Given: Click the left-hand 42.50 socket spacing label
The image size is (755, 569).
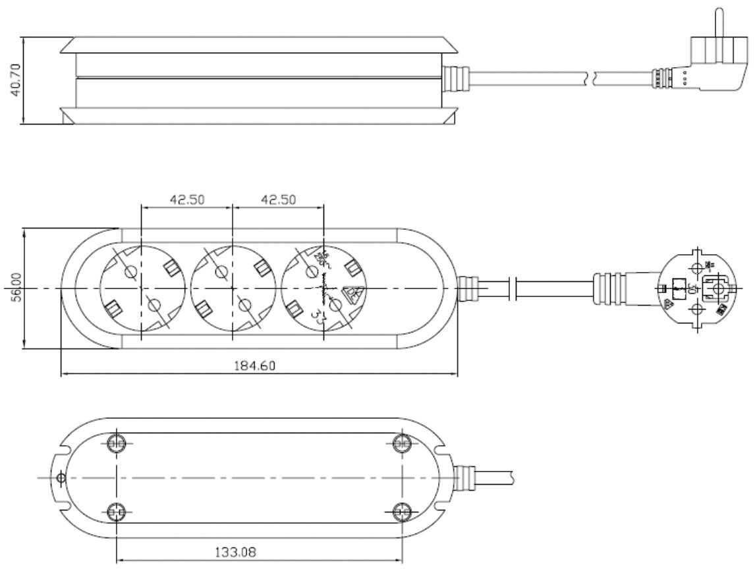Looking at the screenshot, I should tap(186, 200).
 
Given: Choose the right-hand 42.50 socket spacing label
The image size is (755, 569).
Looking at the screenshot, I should tap(277, 200).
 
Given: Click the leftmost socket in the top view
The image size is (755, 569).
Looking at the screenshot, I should tap(141, 288).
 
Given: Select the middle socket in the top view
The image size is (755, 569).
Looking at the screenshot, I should tap(232, 288).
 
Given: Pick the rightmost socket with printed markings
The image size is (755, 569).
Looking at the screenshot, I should tap(323, 288).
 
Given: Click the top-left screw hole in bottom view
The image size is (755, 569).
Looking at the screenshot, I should tap(116, 443).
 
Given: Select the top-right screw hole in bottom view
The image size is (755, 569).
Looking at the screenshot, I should tap(401, 443).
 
